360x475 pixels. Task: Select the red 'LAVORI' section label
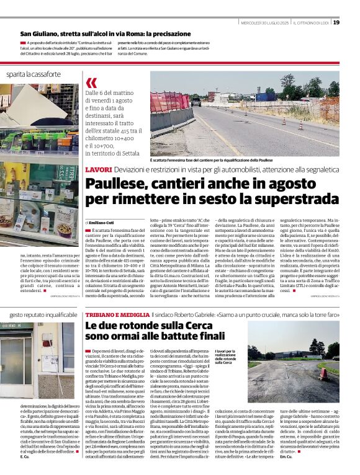[x=98, y=169]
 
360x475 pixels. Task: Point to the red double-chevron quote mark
[x=91, y=83]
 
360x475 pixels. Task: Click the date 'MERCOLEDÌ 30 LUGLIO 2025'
[x=264, y=23]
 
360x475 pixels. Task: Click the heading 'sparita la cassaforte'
[x=34, y=74]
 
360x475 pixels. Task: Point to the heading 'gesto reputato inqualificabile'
[x=43, y=315]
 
